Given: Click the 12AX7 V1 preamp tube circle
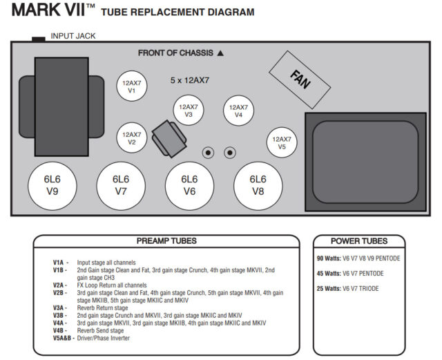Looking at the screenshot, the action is pyautogui.click(x=132, y=86).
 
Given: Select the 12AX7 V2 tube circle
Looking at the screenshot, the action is pyautogui.click(x=132, y=138).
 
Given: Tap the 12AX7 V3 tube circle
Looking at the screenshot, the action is pyautogui.click(x=189, y=111).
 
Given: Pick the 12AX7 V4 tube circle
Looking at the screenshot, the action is pyautogui.click(x=238, y=111).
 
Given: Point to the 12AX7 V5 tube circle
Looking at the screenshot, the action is pyautogui.click(x=282, y=142).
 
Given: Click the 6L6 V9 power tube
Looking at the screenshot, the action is pyautogui.click(x=52, y=186).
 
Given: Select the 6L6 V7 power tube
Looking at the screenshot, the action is pyautogui.click(x=121, y=186).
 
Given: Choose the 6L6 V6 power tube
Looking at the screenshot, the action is pyautogui.click(x=189, y=186).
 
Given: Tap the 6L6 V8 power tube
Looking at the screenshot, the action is pyautogui.click(x=258, y=186).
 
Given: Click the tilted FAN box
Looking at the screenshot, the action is pyautogui.click(x=300, y=80).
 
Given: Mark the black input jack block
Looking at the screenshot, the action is pyautogui.click(x=39, y=39).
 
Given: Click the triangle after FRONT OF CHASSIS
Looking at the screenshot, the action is pyautogui.click(x=220, y=53).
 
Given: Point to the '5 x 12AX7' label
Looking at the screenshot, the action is pyautogui.click(x=190, y=80).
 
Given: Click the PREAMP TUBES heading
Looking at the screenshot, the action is pyautogui.click(x=166, y=241).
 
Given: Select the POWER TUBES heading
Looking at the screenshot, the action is pyautogui.click(x=359, y=241).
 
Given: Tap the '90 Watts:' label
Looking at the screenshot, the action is pyautogui.click(x=329, y=258).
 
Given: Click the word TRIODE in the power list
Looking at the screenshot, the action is pyautogui.click(x=369, y=289).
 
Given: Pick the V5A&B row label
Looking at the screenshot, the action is pyautogui.click(x=64, y=338).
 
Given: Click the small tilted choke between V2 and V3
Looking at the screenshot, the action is pyautogui.click(x=169, y=139).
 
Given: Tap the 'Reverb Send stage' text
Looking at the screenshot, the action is pyautogui.click(x=100, y=331).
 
